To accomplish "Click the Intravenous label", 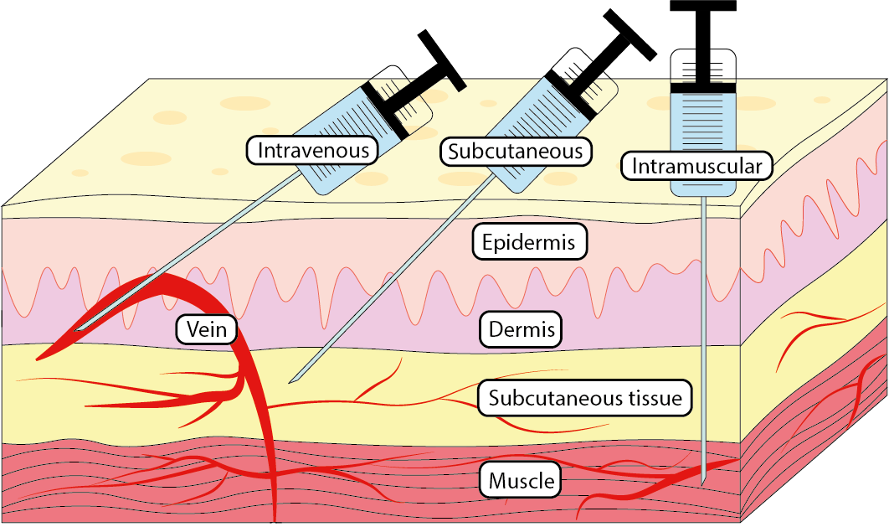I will point(312,151).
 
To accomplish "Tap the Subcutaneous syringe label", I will point(515,152).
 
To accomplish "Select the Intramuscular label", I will point(696,166).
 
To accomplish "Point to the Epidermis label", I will point(528,243).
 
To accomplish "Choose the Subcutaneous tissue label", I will point(585,398).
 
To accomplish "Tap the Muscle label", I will point(521,481).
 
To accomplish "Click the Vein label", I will point(206,329).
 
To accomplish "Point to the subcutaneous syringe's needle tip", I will point(290,382).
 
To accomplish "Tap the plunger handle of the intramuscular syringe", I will point(703,6).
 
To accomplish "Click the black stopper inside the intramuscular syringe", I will point(704,87).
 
